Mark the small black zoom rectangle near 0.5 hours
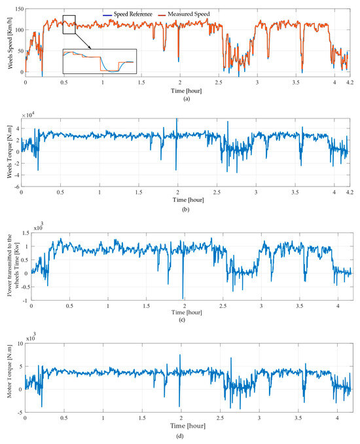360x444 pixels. coord(69,24)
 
